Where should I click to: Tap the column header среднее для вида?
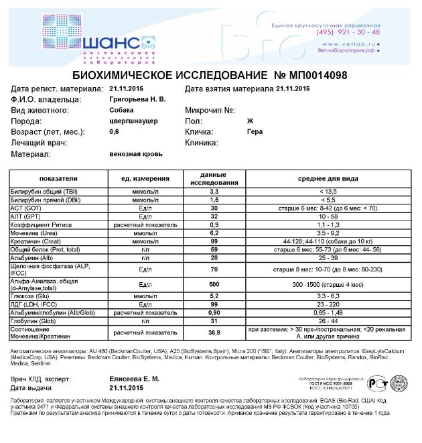point(328,179)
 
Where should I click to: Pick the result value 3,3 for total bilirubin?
point(215,192)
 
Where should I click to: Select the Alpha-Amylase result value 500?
point(215,284)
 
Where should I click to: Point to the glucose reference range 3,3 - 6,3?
point(328,296)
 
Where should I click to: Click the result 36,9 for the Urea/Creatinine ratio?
point(215,332)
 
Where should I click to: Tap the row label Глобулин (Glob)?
point(34,320)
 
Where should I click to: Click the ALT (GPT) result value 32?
point(215,216)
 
